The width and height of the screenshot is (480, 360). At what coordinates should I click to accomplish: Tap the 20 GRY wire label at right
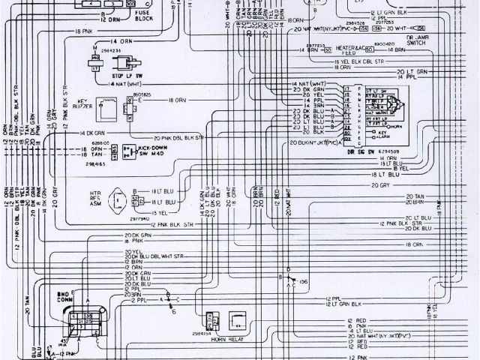(381, 185)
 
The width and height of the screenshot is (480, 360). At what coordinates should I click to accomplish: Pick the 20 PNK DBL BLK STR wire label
(177, 139)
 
